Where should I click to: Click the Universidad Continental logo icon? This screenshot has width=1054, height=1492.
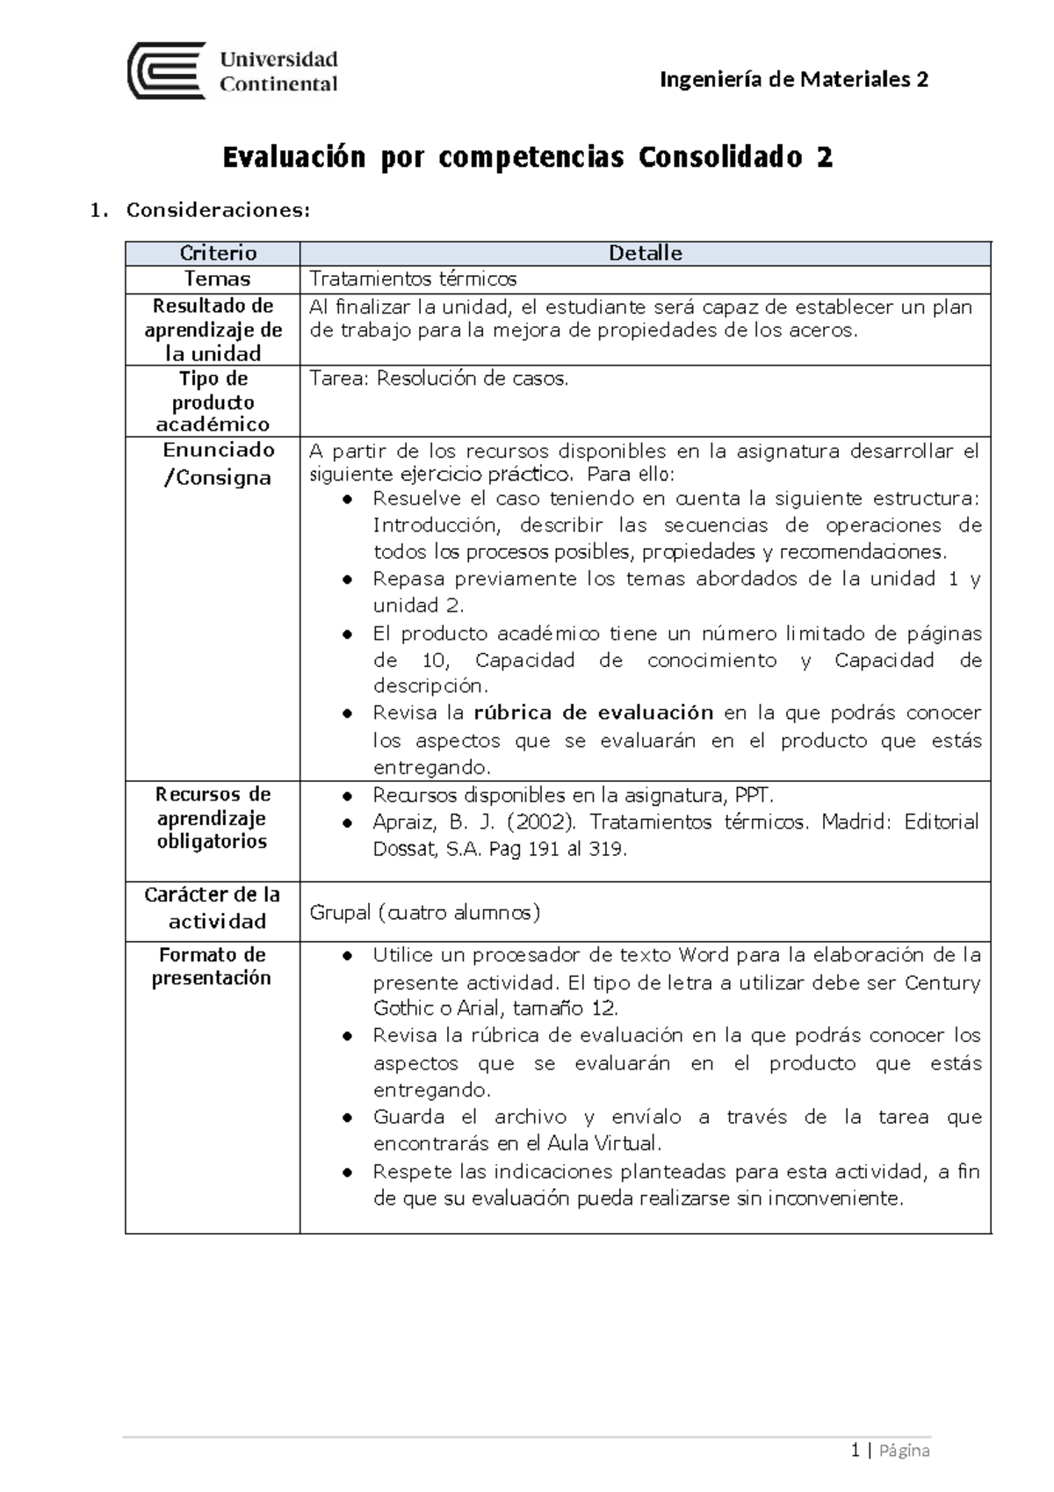pos(167,70)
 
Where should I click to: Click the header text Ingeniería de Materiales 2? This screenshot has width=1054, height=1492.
pos(793,80)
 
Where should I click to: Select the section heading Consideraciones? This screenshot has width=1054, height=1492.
pos(218,210)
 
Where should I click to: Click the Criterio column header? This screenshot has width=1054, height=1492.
pos(218,253)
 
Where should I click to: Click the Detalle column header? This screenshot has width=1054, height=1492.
pos(646,253)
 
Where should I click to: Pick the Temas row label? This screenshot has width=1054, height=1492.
pos(217,279)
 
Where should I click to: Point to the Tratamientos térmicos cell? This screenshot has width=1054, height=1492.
pos(413,279)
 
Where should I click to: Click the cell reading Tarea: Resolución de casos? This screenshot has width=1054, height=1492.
pos(439,379)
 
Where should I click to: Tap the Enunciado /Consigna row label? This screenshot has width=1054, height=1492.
pos(218,464)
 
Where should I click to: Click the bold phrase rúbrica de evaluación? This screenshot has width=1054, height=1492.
pos(593,713)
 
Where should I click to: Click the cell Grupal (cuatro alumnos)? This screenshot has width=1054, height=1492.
pos(424,913)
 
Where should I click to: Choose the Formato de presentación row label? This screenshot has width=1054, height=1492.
pos(212,967)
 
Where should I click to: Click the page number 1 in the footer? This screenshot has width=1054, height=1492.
pos(855,1451)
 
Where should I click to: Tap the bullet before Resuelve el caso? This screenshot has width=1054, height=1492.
pos(349,500)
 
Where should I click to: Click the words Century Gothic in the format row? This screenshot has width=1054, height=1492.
pos(942,982)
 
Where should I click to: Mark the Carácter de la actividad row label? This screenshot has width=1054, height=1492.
pos(213,908)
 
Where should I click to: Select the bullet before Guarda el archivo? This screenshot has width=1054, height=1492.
pos(349,1119)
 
